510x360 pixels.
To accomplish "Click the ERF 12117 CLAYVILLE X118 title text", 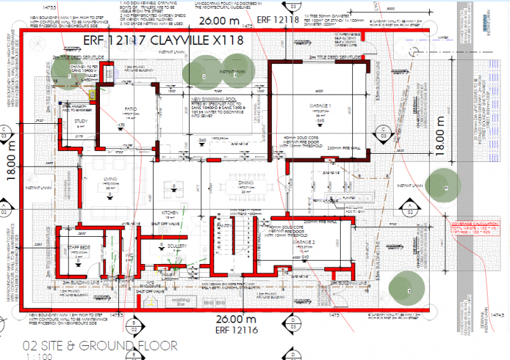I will coord(163,40).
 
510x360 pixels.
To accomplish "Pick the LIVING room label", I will coord(109,181).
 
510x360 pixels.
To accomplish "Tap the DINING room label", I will coord(245,182).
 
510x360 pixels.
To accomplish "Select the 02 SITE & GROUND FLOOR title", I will coord(100,345).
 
